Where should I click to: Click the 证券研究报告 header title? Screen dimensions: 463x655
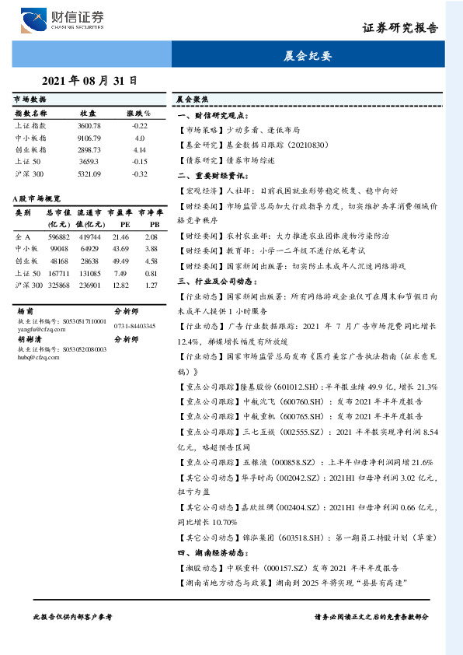[x=400, y=28]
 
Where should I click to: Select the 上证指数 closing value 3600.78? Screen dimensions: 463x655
[x=89, y=125]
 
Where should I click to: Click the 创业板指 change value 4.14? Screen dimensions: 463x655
[x=140, y=149]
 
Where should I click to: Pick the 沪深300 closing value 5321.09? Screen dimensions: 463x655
[x=89, y=173]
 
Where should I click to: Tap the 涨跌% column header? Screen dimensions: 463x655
[x=139, y=114]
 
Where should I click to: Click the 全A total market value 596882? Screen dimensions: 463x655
[x=59, y=236]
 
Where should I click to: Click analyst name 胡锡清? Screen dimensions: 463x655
[x=29, y=339]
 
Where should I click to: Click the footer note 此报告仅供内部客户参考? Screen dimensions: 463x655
[x=71, y=615]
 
